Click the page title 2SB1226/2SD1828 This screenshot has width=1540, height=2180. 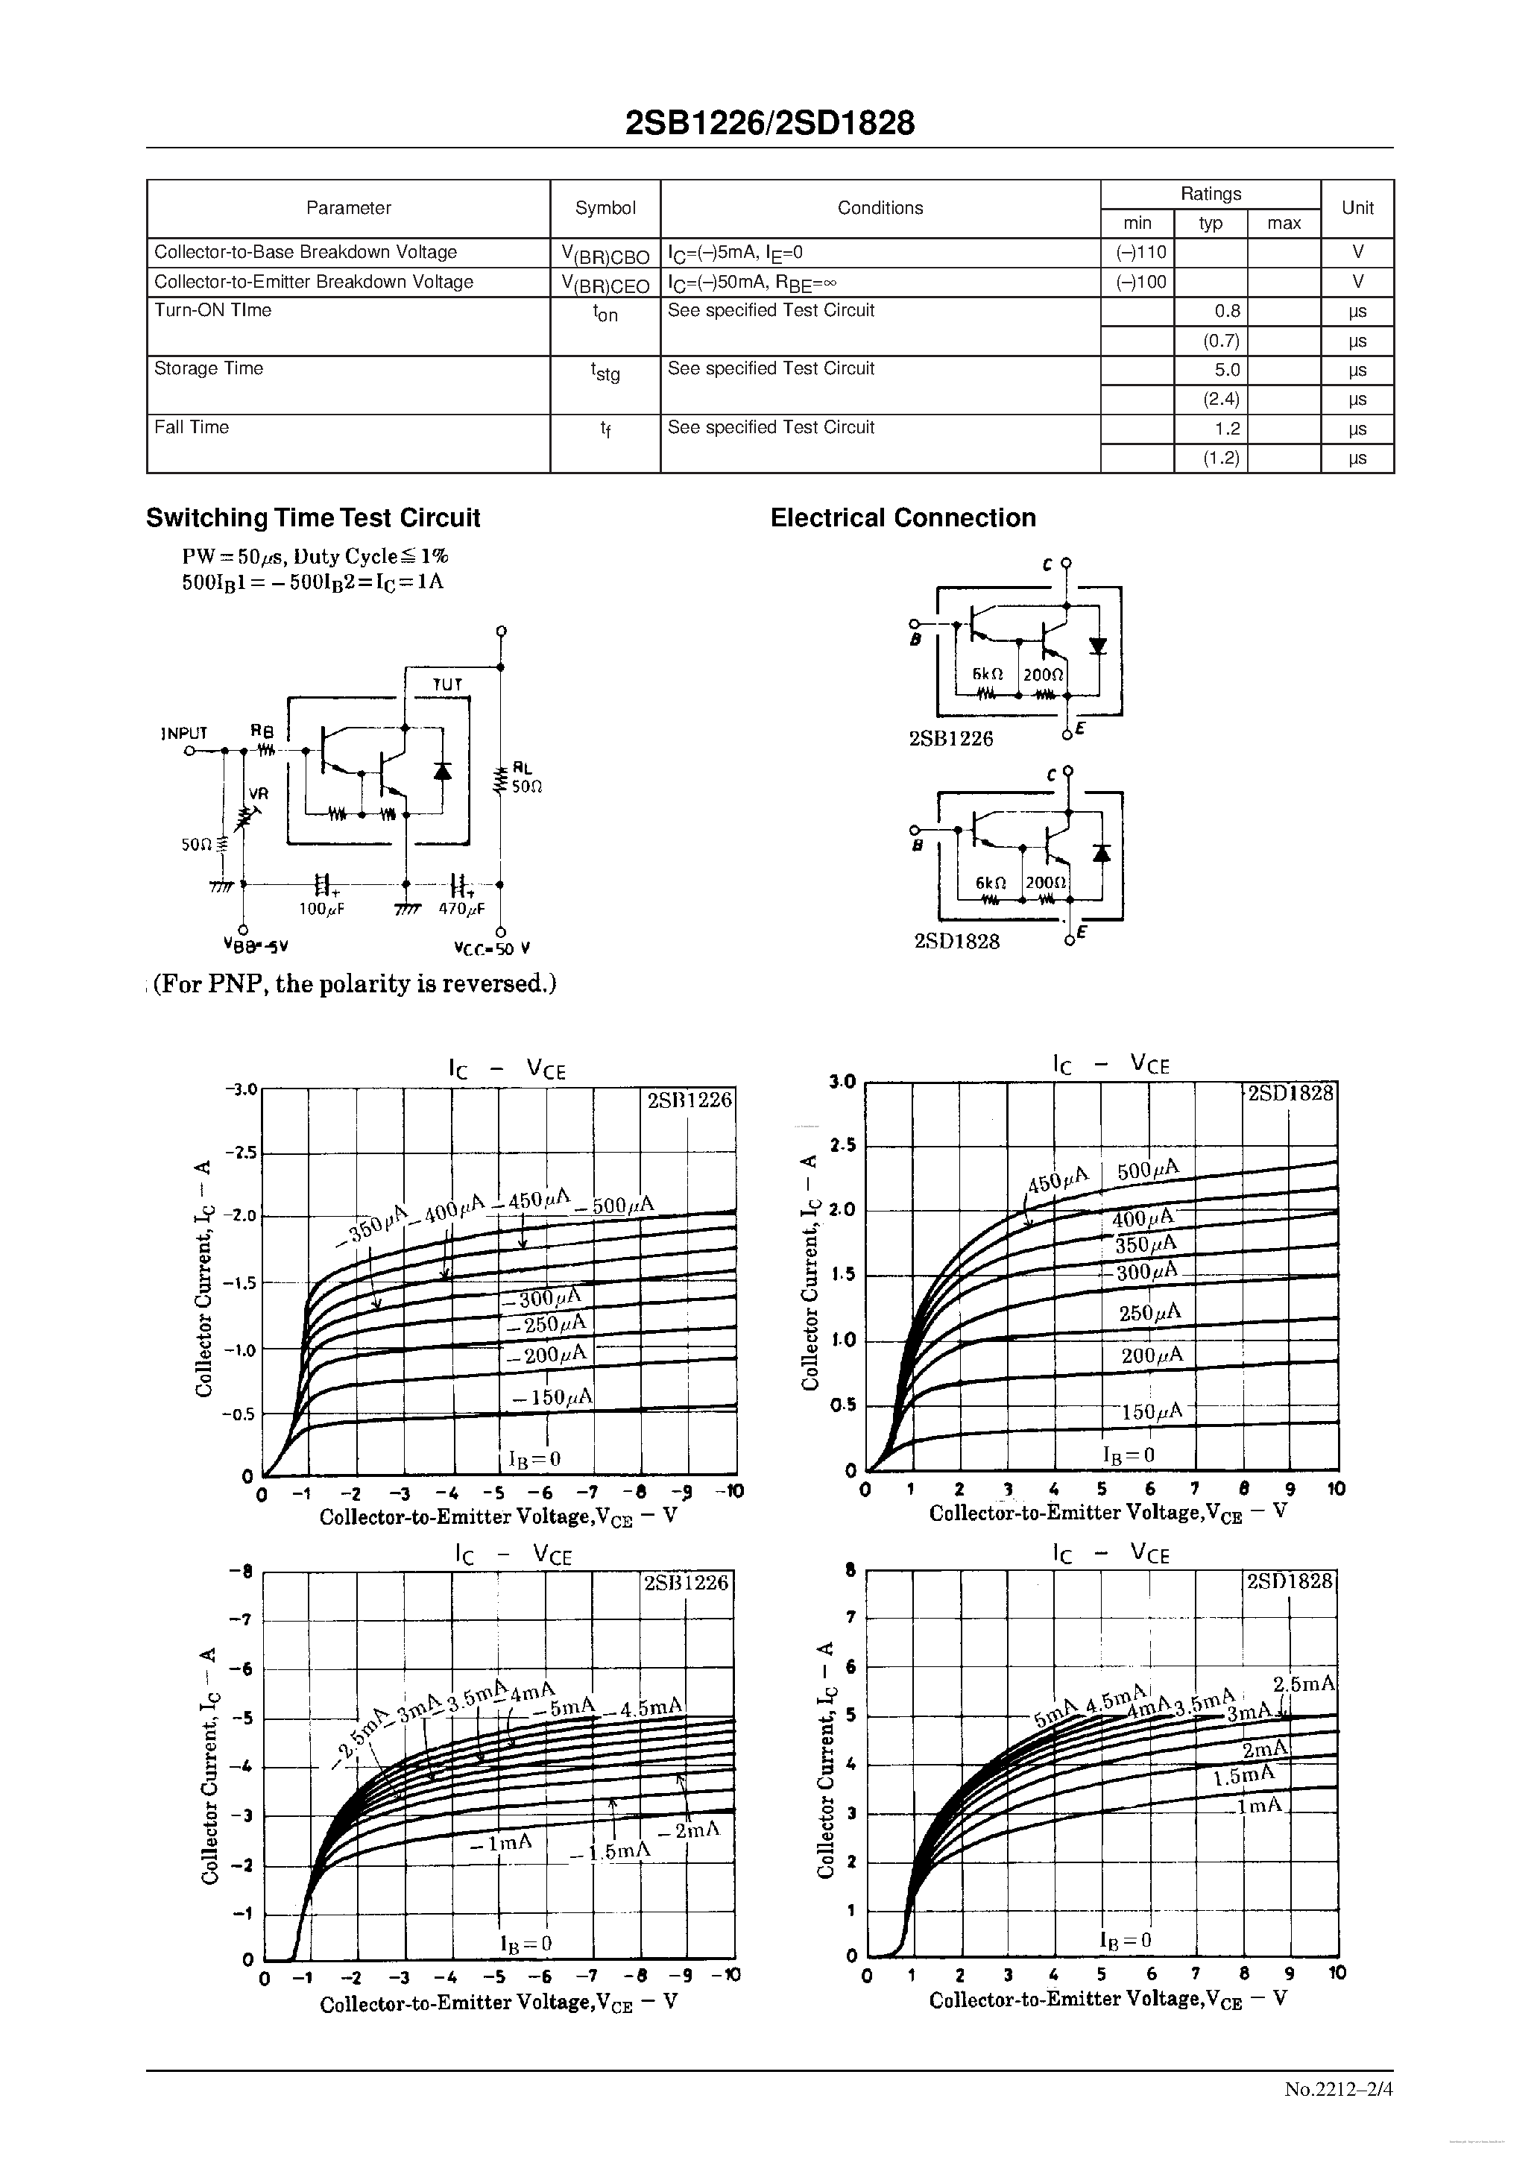(x=770, y=124)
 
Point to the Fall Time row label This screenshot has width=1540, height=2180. (x=192, y=427)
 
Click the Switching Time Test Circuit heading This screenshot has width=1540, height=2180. (x=312, y=517)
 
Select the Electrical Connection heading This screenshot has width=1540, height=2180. (x=902, y=517)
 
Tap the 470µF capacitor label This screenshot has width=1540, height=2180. (x=461, y=909)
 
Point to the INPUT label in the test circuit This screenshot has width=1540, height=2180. (x=184, y=733)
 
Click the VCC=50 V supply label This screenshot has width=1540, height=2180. (x=492, y=948)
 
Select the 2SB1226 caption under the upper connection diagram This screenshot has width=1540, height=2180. (x=950, y=739)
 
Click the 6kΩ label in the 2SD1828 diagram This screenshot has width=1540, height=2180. (x=991, y=882)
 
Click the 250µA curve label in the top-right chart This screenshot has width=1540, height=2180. (x=1149, y=1312)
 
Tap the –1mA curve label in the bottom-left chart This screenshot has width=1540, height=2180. (x=500, y=1842)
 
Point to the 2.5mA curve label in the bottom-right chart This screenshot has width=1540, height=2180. (x=1304, y=1683)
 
